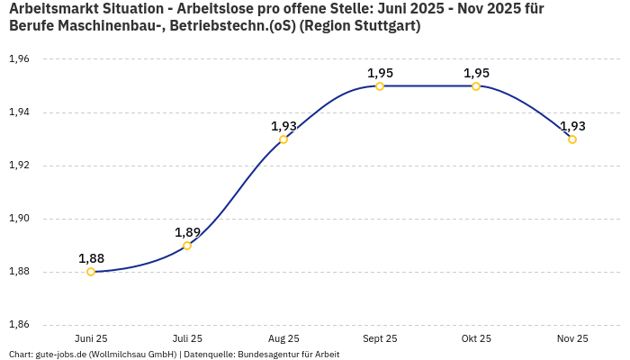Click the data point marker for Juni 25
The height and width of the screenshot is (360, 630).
click(91, 272)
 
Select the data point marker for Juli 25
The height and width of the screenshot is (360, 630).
click(187, 246)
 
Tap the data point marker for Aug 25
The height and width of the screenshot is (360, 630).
click(283, 139)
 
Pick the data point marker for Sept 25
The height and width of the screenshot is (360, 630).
click(380, 86)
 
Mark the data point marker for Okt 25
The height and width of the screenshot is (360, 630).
click(476, 86)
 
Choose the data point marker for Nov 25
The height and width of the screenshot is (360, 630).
click(572, 139)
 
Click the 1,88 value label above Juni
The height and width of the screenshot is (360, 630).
click(91, 258)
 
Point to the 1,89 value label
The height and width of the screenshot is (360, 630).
click(187, 232)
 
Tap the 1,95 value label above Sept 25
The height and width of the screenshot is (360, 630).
click(380, 73)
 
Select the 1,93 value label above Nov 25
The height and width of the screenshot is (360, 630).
click(572, 126)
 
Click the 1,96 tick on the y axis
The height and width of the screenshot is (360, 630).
click(19, 59)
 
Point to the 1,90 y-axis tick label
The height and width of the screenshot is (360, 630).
click(19, 219)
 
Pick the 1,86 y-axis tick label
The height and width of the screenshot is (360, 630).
click(19, 325)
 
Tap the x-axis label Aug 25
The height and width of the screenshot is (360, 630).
click(283, 339)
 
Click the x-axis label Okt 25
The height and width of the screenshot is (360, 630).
click(476, 339)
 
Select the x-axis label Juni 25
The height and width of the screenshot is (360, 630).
click(91, 339)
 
